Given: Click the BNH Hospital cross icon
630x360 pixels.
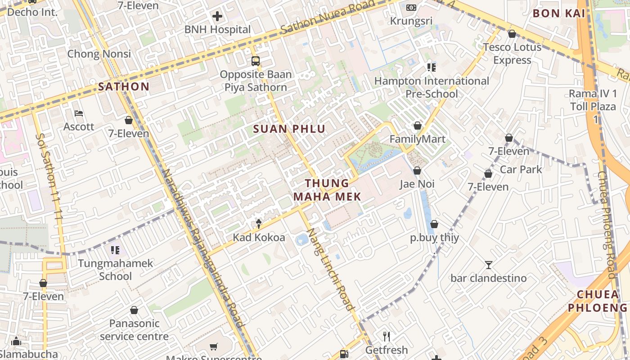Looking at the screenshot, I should click(x=217, y=17).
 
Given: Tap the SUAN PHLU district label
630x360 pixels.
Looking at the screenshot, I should click(x=289, y=129).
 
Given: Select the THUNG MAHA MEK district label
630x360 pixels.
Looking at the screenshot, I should click(x=327, y=190).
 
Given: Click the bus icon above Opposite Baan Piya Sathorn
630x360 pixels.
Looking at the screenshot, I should click(x=255, y=61).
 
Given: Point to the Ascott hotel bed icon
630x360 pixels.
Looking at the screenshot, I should click(x=79, y=113).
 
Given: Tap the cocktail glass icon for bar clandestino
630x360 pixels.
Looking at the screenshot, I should click(x=489, y=265).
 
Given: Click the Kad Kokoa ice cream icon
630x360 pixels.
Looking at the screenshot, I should click(x=259, y=223).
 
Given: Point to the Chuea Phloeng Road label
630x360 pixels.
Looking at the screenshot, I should click(x=606, y=225).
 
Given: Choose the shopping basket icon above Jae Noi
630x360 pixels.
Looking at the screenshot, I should click(x=417, y=171).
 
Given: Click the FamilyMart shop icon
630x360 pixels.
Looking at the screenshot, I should click(x=418, y=126).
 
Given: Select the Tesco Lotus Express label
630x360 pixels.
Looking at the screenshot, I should click(x=512, y=54).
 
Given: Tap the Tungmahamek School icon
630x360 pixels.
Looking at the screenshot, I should click(x=115, y=250).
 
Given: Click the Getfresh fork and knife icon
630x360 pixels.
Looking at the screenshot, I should click(x=386, y=336).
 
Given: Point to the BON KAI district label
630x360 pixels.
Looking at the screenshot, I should click(x=559, y=13).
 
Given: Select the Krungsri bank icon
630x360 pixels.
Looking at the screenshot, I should click(x=411, y=7).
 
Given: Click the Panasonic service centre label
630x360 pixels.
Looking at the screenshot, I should click(x=134, y=330).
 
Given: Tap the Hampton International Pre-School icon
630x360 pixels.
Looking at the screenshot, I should click(x=431, y=67).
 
